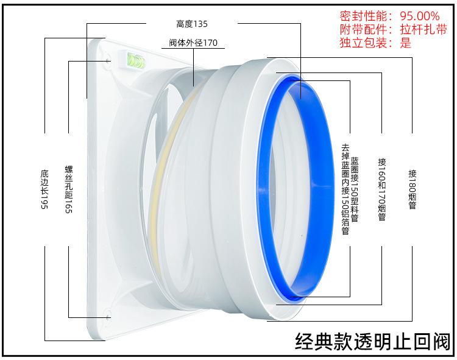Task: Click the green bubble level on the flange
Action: [135, 59]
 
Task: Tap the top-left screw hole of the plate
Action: [108, 61]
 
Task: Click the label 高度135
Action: [192, 24]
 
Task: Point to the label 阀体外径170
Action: [193, 43]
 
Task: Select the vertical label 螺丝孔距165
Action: [68, 189]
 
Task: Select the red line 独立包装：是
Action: [375, 43]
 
